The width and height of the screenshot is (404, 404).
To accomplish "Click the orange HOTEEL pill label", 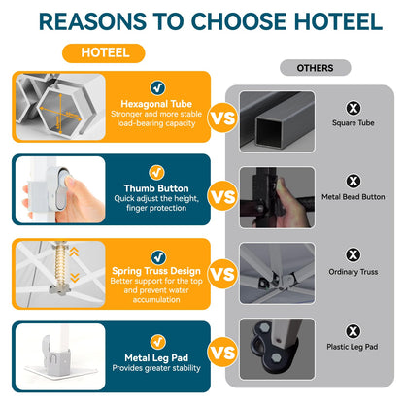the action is (104, 53).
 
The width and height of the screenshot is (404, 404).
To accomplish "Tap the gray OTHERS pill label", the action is (315, 68).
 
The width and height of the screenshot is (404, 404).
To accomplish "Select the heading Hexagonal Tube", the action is (156, 104).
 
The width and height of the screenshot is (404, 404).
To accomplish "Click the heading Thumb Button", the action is (156, 188).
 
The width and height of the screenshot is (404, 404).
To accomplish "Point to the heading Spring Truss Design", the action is (156, 271).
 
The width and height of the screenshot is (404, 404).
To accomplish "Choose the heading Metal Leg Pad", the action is (156, 357).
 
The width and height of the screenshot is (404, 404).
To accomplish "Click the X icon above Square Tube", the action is (353, 108).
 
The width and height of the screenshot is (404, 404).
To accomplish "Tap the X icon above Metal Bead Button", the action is (353, 181).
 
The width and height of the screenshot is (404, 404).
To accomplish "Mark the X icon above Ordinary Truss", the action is (353, 254).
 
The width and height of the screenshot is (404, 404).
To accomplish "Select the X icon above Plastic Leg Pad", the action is (353, 331).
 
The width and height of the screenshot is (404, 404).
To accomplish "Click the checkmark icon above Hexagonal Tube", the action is (157, 87).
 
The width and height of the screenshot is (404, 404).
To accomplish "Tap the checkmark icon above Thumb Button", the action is (156, 173).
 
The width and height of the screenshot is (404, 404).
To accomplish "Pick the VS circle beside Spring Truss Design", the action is (222, 274).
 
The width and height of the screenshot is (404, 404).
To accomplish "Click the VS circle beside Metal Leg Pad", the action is (222, 352).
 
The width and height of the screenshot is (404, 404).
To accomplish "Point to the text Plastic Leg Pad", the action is (353, 347).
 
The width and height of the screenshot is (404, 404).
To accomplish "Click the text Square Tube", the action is (353, 123).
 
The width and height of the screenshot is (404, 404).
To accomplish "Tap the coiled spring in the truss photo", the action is (60, 265).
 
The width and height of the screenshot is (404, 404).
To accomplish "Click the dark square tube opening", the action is (269, 132).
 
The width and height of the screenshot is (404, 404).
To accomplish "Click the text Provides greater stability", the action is (156, 368).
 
